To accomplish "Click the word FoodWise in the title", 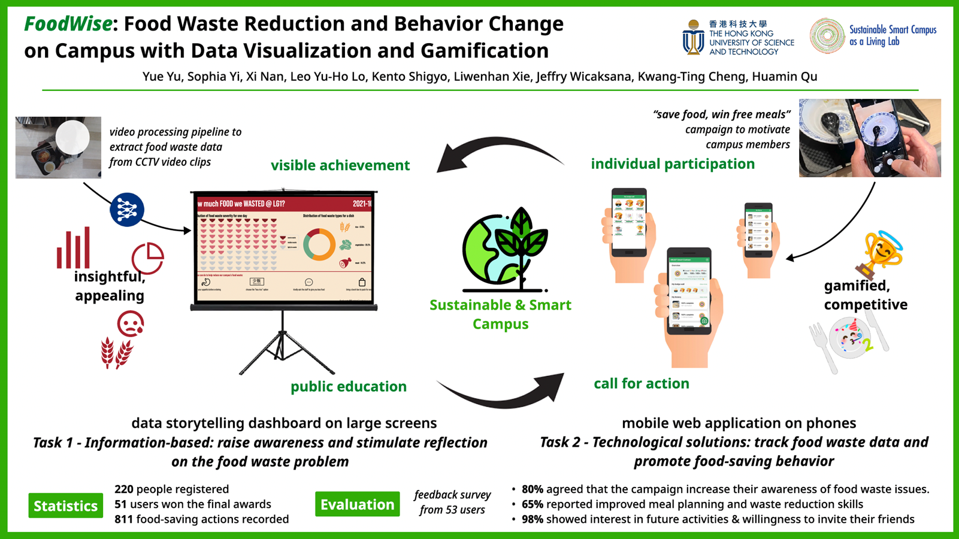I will pos(68,24).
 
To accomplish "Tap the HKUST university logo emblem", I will pos(693,38).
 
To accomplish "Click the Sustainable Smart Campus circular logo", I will pos(827,36).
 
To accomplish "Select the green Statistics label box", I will pos(65,506).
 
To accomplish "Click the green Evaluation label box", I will pos(357,504).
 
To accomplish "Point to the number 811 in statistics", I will pos(123,519).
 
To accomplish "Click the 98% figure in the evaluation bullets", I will pos(532,519).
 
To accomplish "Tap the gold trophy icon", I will pos(882,255).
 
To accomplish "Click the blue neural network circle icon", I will pos(127,210).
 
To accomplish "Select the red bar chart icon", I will pos(74,248).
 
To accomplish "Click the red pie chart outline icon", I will pos(147,258).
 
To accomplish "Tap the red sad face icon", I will pos(130,324).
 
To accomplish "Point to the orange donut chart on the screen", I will pos(319,244).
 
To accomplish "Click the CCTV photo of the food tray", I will pos(58,147).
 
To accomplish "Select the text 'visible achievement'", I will pos(340,165).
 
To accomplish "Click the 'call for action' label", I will pos(641,383).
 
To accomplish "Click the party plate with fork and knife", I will pos(849,340).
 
